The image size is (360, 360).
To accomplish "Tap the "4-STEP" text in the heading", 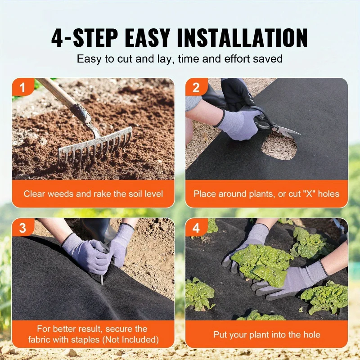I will pyautogui.click(x=83, y=38).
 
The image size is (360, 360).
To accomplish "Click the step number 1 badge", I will pyautogui.click(x=22, y=87).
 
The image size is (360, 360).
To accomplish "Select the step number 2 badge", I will pyautogui.click(x=196, y=87).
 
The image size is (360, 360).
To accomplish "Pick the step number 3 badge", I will pyautogui.click(x=22, y=228).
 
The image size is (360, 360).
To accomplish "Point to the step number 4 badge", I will pyautogui.click(x=196, y=228).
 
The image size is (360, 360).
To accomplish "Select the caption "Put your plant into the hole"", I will pyautogui.click(x=266, y=335).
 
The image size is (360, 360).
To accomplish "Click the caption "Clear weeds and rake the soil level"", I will pyautogui.click(x=93, y=194).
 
